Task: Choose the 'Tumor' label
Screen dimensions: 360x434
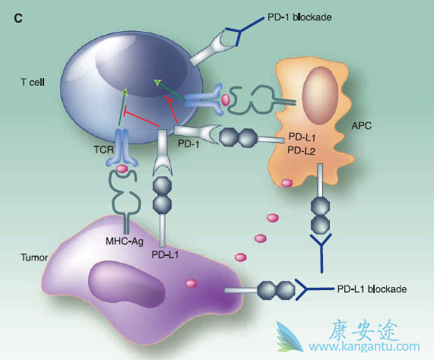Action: [x=33, y=257]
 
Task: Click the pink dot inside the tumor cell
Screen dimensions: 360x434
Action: [x=190, y=284]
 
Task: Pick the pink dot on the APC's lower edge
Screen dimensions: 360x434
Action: [x=287, y=182]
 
